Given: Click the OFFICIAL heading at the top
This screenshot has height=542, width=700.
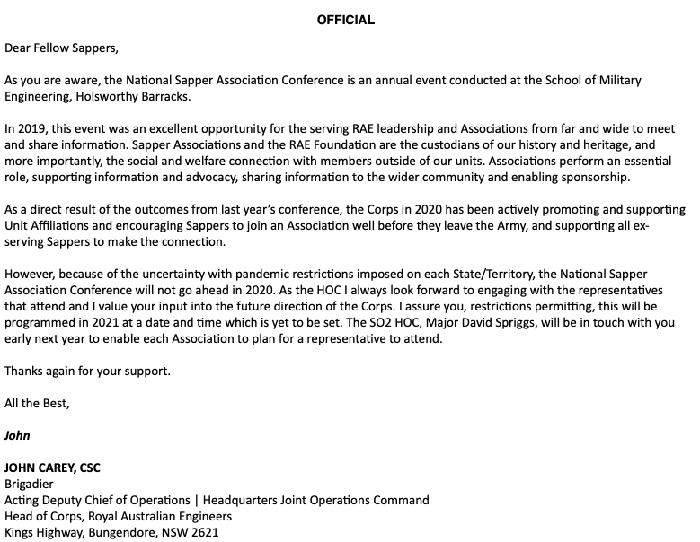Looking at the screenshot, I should tap(346, 20).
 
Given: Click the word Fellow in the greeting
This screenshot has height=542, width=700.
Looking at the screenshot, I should tap(56, 48).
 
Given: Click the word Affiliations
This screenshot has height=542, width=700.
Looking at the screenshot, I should tap(64, 226).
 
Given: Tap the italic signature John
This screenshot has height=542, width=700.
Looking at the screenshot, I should tap(17, 435).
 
